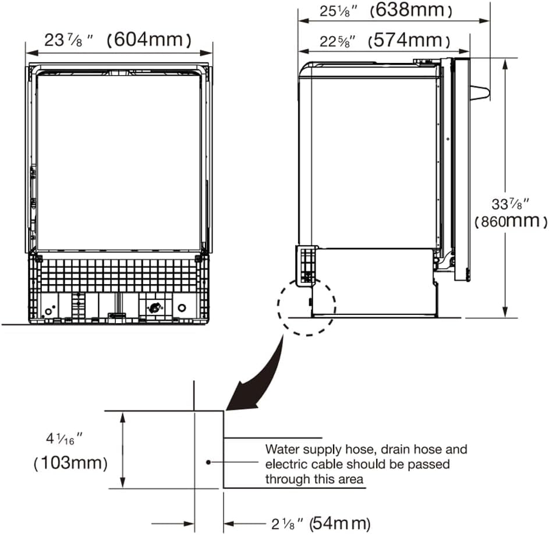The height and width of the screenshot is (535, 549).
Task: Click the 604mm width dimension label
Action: tap(149, 40)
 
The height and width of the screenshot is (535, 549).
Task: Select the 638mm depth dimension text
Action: tap(411, 10)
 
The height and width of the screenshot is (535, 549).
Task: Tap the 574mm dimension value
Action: tap(409, 41)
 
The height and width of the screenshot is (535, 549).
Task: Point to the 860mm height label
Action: tap(511, 221)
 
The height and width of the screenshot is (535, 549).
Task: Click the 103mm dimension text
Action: tap(70, 463)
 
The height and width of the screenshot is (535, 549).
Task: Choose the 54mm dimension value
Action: tap(340, 524)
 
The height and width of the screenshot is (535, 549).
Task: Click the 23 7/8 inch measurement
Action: tap(69, 40)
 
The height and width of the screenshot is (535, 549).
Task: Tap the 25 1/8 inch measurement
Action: tap(338, 11)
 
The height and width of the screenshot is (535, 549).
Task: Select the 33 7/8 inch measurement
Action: tap(510, 204)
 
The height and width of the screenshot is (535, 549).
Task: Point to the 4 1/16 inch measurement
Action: tap(64, 439)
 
